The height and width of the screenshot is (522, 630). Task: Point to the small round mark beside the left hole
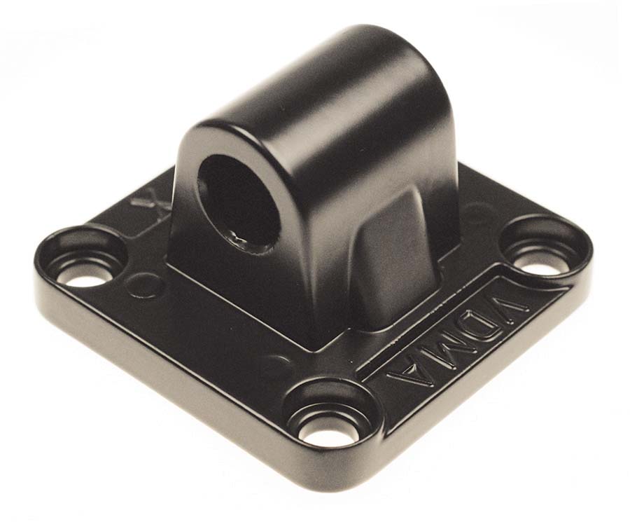pos(143,284)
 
